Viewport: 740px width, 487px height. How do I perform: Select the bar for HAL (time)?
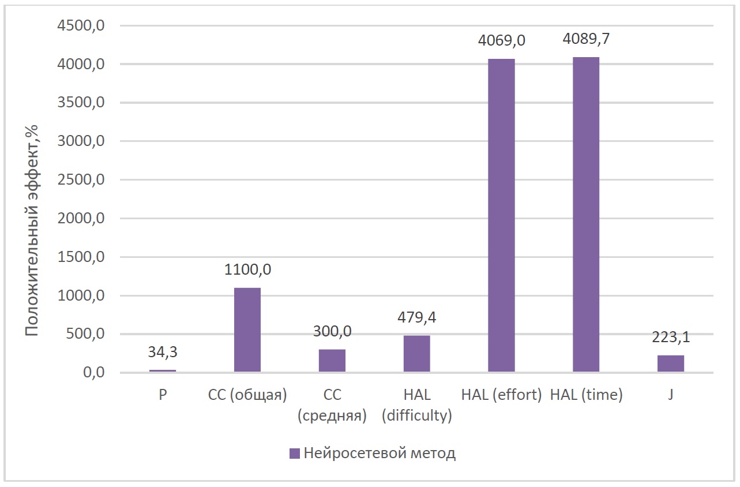(x=586, y=215)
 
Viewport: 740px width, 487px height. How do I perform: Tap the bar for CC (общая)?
(x=247, y=329)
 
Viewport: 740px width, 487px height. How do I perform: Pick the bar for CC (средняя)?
(x=332, y=361)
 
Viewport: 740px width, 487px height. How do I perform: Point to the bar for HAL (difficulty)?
(x=416, y=354)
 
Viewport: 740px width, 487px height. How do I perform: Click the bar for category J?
(x=671, y=364)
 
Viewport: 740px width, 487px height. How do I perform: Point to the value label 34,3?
(x=163, y=351)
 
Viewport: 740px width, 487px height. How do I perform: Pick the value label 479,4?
(x=416, y=317)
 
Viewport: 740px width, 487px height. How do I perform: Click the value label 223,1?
(x=671, y=337)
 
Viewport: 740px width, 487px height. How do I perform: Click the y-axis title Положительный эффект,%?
(x=33, y=230)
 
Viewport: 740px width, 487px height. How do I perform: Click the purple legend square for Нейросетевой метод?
(x=294, y=454)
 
